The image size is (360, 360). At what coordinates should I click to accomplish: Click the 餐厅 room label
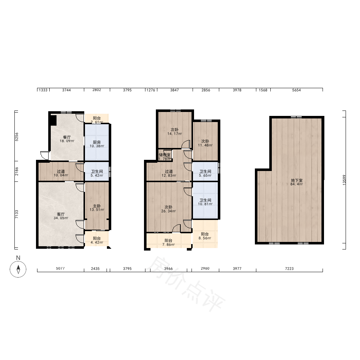click(x=67, y=137)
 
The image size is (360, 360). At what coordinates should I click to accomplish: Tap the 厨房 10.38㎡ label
click(x=96, y=144)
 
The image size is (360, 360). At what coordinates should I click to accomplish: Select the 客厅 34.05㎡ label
click(x=61, y=216)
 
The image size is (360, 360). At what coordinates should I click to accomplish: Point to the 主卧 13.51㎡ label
click(x=97, y=208)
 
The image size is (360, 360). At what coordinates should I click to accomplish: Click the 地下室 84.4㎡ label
click(x=297, y=182)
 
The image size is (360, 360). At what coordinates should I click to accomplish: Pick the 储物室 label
click(x=165, y=155)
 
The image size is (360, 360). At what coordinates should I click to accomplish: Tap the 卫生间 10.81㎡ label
click(x=205, y=202)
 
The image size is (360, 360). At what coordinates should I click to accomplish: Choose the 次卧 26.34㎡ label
click(x=168, y=209)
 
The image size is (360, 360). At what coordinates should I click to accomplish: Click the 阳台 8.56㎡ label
click(x=205, y=236)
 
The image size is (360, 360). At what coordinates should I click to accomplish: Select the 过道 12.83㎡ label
click(x=169, y=174)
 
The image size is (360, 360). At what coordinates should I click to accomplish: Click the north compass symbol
click(x=18, y=269)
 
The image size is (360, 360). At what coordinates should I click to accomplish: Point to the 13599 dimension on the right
click(x=344, y=180)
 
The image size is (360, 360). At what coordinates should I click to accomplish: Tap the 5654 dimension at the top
click(x=296, y=90)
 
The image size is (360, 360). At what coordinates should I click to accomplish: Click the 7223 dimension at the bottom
click(x=289, y=269)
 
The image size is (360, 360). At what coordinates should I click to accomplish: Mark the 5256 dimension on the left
click(x=17, y=137)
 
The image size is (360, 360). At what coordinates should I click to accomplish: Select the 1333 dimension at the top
click(x=43, y=90)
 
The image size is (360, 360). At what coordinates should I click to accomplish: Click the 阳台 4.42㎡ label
click(x=96, y=240)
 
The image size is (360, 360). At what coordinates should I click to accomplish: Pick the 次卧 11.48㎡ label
click(x=205, y=143)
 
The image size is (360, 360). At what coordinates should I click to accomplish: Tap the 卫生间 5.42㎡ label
click(x=97, y=174)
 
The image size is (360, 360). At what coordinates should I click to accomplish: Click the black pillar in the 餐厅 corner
click(x=53, y=120)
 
